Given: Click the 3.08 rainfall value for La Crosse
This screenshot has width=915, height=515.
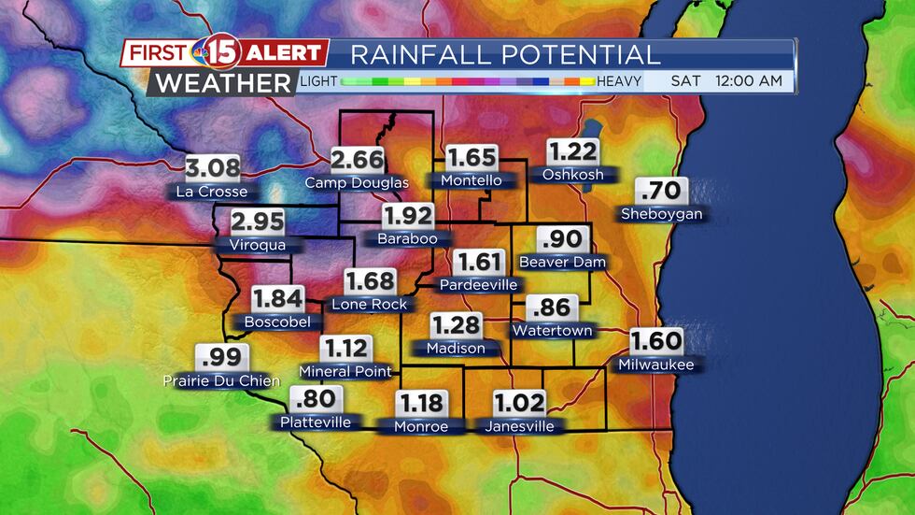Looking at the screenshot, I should [212, 169].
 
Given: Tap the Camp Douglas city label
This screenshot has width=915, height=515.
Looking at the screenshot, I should [357, 183].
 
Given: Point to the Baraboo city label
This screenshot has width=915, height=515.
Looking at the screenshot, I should [407, 238].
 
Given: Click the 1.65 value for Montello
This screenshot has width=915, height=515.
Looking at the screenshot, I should [472, 158].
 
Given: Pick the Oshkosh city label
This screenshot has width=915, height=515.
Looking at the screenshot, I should [572, 174].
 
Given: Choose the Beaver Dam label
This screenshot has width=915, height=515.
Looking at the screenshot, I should [562, 262].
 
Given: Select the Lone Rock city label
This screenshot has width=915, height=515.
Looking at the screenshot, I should [369, 304].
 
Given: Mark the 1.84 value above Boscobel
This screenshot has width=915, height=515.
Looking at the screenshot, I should [278, 299].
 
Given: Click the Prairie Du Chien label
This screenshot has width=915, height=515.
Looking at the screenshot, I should [221, 380].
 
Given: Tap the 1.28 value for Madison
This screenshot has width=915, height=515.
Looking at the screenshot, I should [456, 326].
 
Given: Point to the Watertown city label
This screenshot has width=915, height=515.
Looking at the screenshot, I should [552, 330].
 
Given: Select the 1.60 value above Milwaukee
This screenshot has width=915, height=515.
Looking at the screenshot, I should [656, 341].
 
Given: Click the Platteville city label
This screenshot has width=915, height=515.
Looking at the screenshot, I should [316, 422].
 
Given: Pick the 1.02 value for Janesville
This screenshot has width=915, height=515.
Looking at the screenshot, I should [519, 404].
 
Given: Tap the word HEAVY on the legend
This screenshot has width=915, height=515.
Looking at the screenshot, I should [619, 81].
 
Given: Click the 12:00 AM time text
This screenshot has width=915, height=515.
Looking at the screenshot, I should [749, 81].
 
